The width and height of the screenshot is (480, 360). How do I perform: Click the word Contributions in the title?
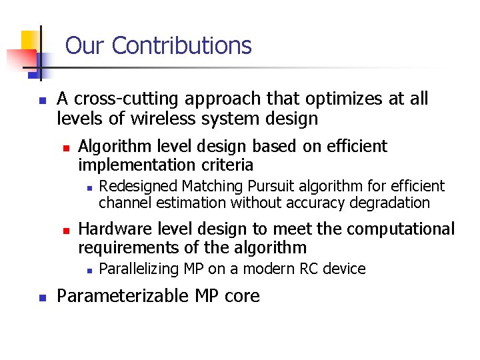point(181,45)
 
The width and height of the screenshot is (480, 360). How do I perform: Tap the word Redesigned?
point(139,186)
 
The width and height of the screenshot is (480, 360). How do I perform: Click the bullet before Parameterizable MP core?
point(41,297)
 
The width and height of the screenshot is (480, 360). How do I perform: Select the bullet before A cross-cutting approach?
point(41,101)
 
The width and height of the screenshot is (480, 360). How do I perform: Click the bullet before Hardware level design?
point(65,230)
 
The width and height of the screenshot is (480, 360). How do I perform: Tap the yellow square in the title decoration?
point(29,41)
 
